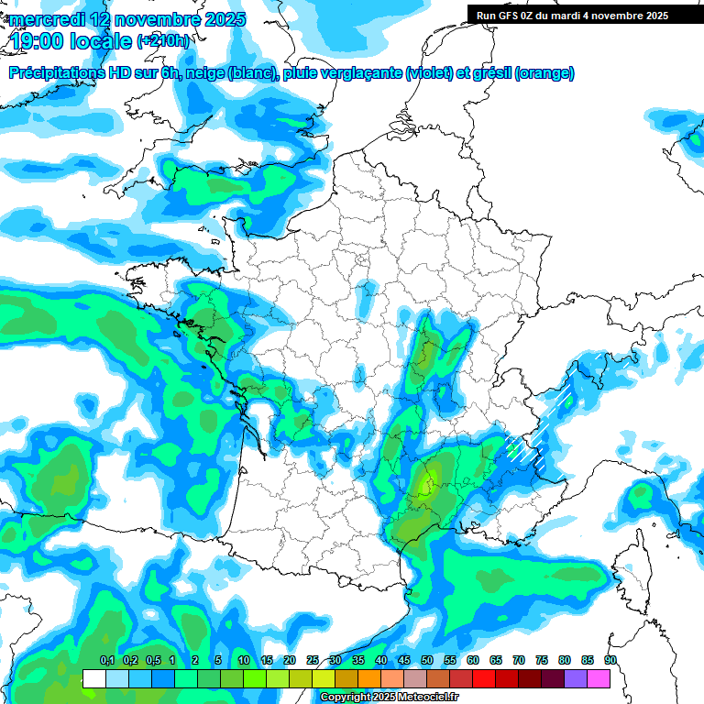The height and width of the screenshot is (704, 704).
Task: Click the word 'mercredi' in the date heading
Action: click(44, 19)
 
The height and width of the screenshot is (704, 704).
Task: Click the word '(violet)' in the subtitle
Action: click(428, 73)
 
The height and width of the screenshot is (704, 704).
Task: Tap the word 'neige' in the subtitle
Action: click(203, 73)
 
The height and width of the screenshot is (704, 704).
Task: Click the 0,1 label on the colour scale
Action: click(106, 661)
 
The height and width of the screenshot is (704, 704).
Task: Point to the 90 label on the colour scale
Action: click(610, 661)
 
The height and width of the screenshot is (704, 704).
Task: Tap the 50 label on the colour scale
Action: click(427, 661)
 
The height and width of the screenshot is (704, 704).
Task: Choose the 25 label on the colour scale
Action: click(313, 661)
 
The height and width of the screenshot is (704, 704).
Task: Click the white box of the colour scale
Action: click(93, 678)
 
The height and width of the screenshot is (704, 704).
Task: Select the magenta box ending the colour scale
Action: click(599, 678)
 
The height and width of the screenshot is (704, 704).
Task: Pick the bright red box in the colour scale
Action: click(484, 678)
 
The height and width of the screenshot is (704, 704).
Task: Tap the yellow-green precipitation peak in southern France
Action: click(425, 483)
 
